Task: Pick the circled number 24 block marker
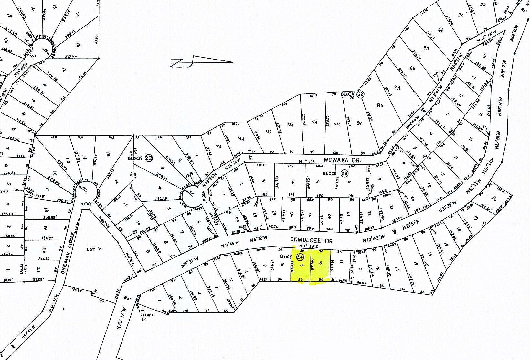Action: (x=300, y=257)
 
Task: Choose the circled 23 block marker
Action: (x=344, y=173)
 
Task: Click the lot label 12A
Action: (x=290, y=125)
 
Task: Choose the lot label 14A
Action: (x=241, y=138)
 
